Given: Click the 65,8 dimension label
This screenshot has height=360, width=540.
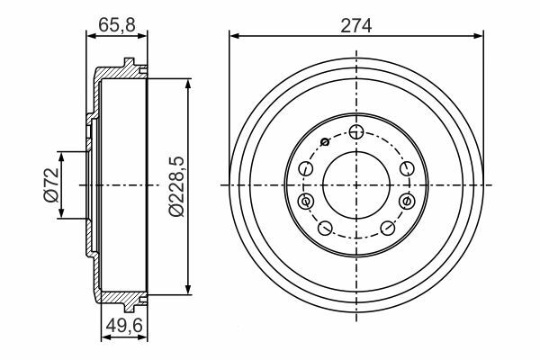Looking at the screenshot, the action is [117, 25].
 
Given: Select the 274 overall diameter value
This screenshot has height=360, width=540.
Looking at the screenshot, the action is [356, 26].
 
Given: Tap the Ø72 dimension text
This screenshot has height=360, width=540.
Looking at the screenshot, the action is [51, 184].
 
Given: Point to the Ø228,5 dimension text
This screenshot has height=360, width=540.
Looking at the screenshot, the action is [176, 186].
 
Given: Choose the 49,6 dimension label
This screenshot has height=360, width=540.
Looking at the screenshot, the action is [124, 325].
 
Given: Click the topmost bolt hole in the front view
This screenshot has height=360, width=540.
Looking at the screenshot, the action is [356, 131].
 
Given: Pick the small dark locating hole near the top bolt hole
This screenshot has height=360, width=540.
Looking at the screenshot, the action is [325, 141].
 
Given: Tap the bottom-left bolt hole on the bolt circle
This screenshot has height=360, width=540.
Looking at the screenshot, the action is [325, 228].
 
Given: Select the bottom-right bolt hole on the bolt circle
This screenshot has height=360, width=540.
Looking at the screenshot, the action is [388, 228].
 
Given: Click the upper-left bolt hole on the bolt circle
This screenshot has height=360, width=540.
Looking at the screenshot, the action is [306, 169].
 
